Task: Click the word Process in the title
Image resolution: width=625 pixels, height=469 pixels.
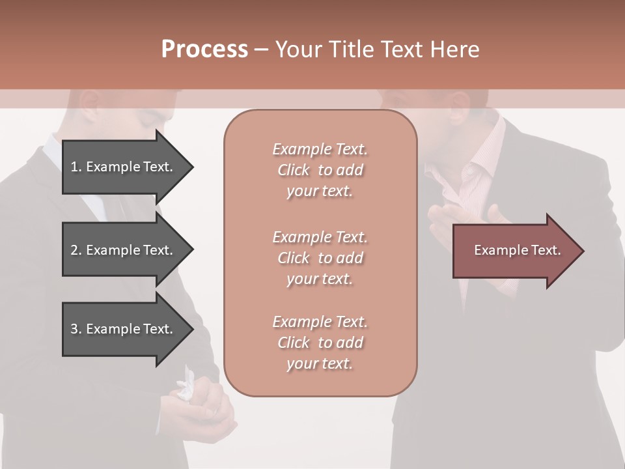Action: pyautogui.click(x=204, y=50)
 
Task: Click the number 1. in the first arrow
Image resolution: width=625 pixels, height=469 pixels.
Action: pyautogui.click(x=76, y=167)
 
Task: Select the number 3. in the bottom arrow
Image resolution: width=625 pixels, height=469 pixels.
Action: pyautogui.click(x=76, y=329)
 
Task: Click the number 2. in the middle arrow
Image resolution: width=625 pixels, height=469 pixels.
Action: pyautogui.click(x=76, y=250)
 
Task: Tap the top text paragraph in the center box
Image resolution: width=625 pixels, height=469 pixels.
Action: pyautogui.click(x=320, y=170)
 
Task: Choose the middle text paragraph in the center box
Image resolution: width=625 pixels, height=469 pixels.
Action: pyautogui.click(x=320, y=258)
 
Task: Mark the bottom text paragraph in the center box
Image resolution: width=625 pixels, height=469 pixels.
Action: pyautogui.click(x=320, y=343)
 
